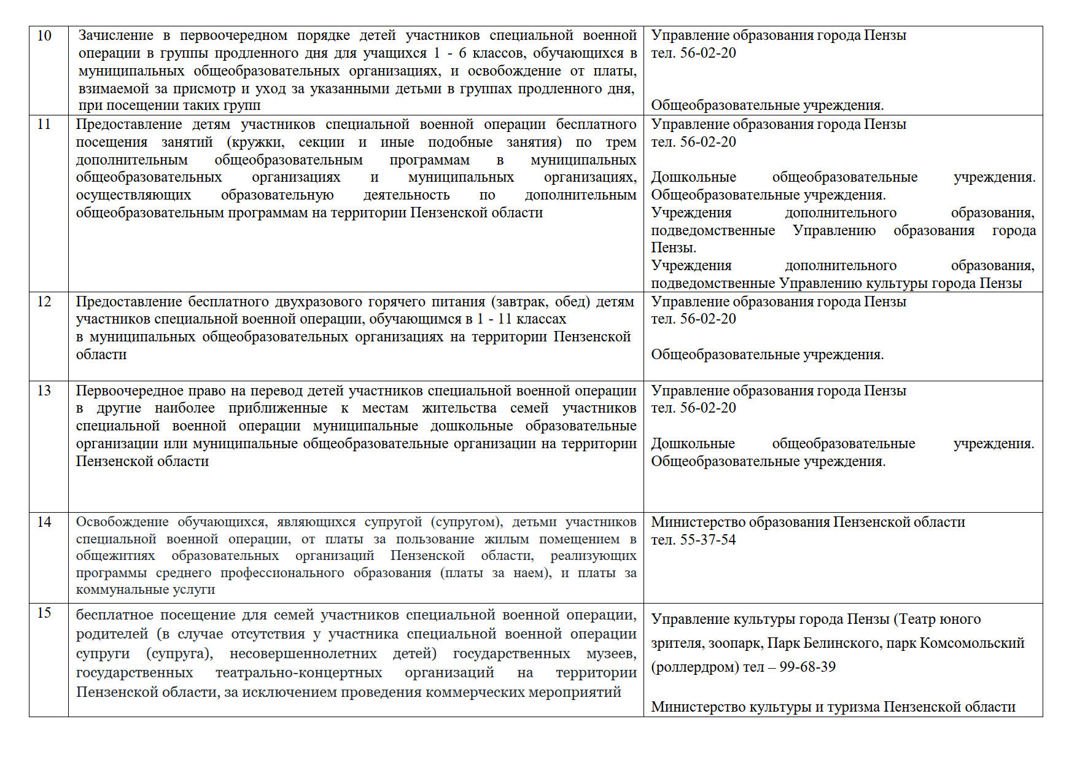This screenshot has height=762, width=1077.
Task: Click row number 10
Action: point(44,36)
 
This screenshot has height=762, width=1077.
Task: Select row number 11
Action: point(44,124)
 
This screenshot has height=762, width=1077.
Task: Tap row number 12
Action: point(44,301)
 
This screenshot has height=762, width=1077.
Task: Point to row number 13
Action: point(44,391)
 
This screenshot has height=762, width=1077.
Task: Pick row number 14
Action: point(44,522)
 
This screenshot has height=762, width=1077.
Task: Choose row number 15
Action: point(44,613)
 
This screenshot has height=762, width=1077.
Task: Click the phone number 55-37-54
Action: point(708,540)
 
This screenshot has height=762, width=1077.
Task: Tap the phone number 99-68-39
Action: point(807,667)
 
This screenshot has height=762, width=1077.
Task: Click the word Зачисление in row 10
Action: point(116,36)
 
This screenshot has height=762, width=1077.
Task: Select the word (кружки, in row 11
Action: point(255,142)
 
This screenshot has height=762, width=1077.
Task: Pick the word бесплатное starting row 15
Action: point(114,615)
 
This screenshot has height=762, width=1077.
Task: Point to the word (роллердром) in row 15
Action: point(695,667)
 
